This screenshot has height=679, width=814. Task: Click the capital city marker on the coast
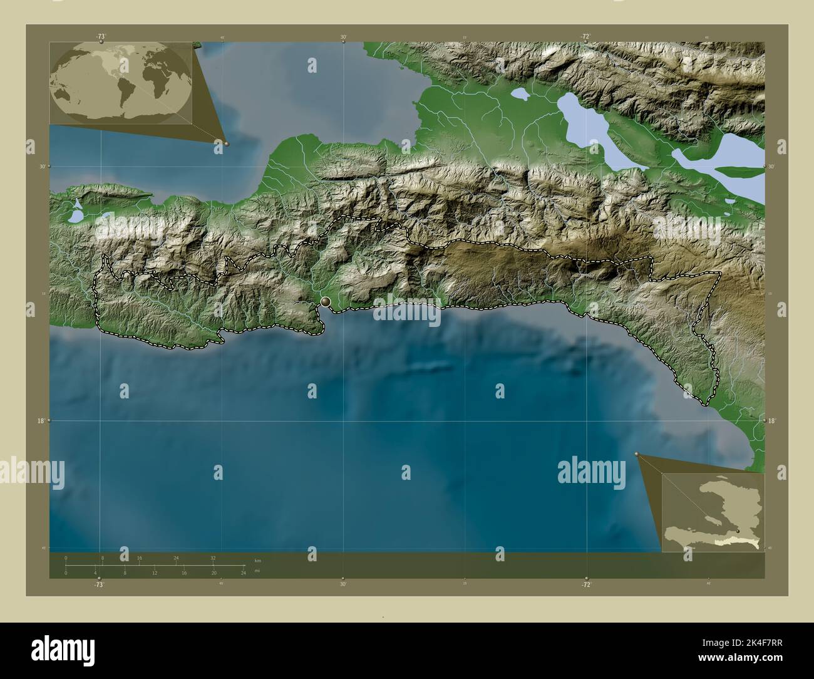(x=326, y=302)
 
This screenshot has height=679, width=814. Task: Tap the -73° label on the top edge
(x=101, y=37)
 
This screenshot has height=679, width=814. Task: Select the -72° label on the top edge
(x=585, y=37)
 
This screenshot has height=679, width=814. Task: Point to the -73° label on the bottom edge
(x=99, y=584)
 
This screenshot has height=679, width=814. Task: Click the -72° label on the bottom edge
(x=585, y=584)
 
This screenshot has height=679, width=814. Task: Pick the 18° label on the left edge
(x=40, y=421)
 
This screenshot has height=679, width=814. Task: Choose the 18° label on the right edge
(x=772, y=421)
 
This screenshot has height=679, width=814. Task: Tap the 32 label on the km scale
(x=213, y=557)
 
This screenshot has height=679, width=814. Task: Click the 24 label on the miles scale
(x=243, y=573)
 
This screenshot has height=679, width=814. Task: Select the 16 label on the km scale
(x=140, y=557)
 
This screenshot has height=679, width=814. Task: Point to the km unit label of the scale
(x=257, y=559)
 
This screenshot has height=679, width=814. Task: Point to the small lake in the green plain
(x=520, y=95)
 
